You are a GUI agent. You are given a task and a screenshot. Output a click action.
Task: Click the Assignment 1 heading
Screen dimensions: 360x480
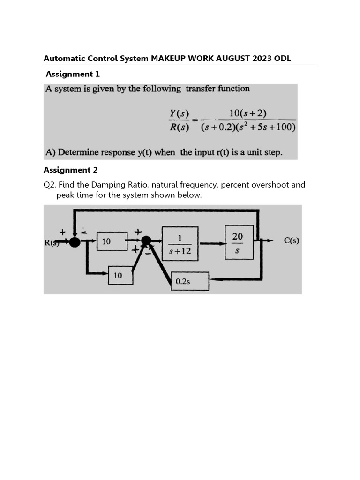73,74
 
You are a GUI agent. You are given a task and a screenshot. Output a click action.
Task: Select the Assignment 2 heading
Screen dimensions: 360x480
71,170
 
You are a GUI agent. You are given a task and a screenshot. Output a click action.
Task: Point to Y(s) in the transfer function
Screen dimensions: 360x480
179,113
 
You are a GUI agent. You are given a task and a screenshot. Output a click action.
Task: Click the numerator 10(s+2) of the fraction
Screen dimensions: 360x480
248,113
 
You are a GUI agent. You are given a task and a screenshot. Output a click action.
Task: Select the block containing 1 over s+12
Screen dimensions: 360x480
180,243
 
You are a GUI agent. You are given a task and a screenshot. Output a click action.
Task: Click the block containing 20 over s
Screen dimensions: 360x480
239,242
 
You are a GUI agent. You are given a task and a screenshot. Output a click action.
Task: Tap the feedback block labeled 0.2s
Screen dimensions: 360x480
189,281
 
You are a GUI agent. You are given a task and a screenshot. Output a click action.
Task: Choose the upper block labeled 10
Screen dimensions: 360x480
112,241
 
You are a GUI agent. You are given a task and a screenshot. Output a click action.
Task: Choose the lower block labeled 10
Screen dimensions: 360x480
120,276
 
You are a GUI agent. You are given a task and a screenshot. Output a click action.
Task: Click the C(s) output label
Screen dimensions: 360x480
291,241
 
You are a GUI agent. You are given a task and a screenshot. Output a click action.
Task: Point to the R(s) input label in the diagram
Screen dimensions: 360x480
52,242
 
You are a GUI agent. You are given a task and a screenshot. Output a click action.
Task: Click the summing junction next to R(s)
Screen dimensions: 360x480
75,242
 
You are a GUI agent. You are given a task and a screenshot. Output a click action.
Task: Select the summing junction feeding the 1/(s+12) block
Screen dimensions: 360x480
146,241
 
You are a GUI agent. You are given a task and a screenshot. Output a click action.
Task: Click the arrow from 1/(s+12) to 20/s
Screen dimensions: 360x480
211,243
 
